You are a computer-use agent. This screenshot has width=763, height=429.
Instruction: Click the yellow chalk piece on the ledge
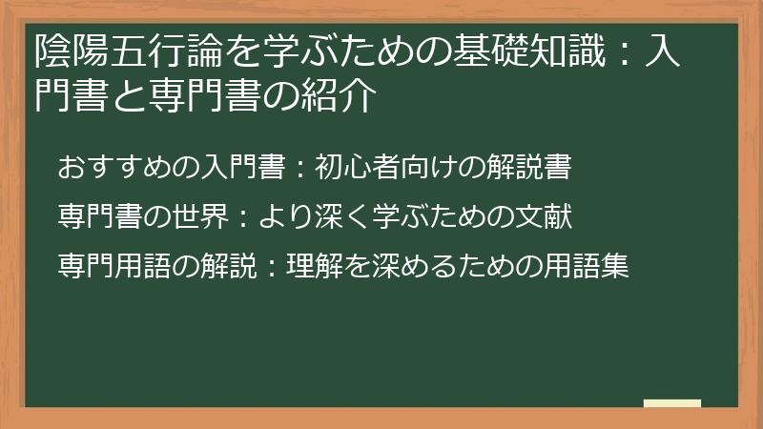(671, 403)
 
